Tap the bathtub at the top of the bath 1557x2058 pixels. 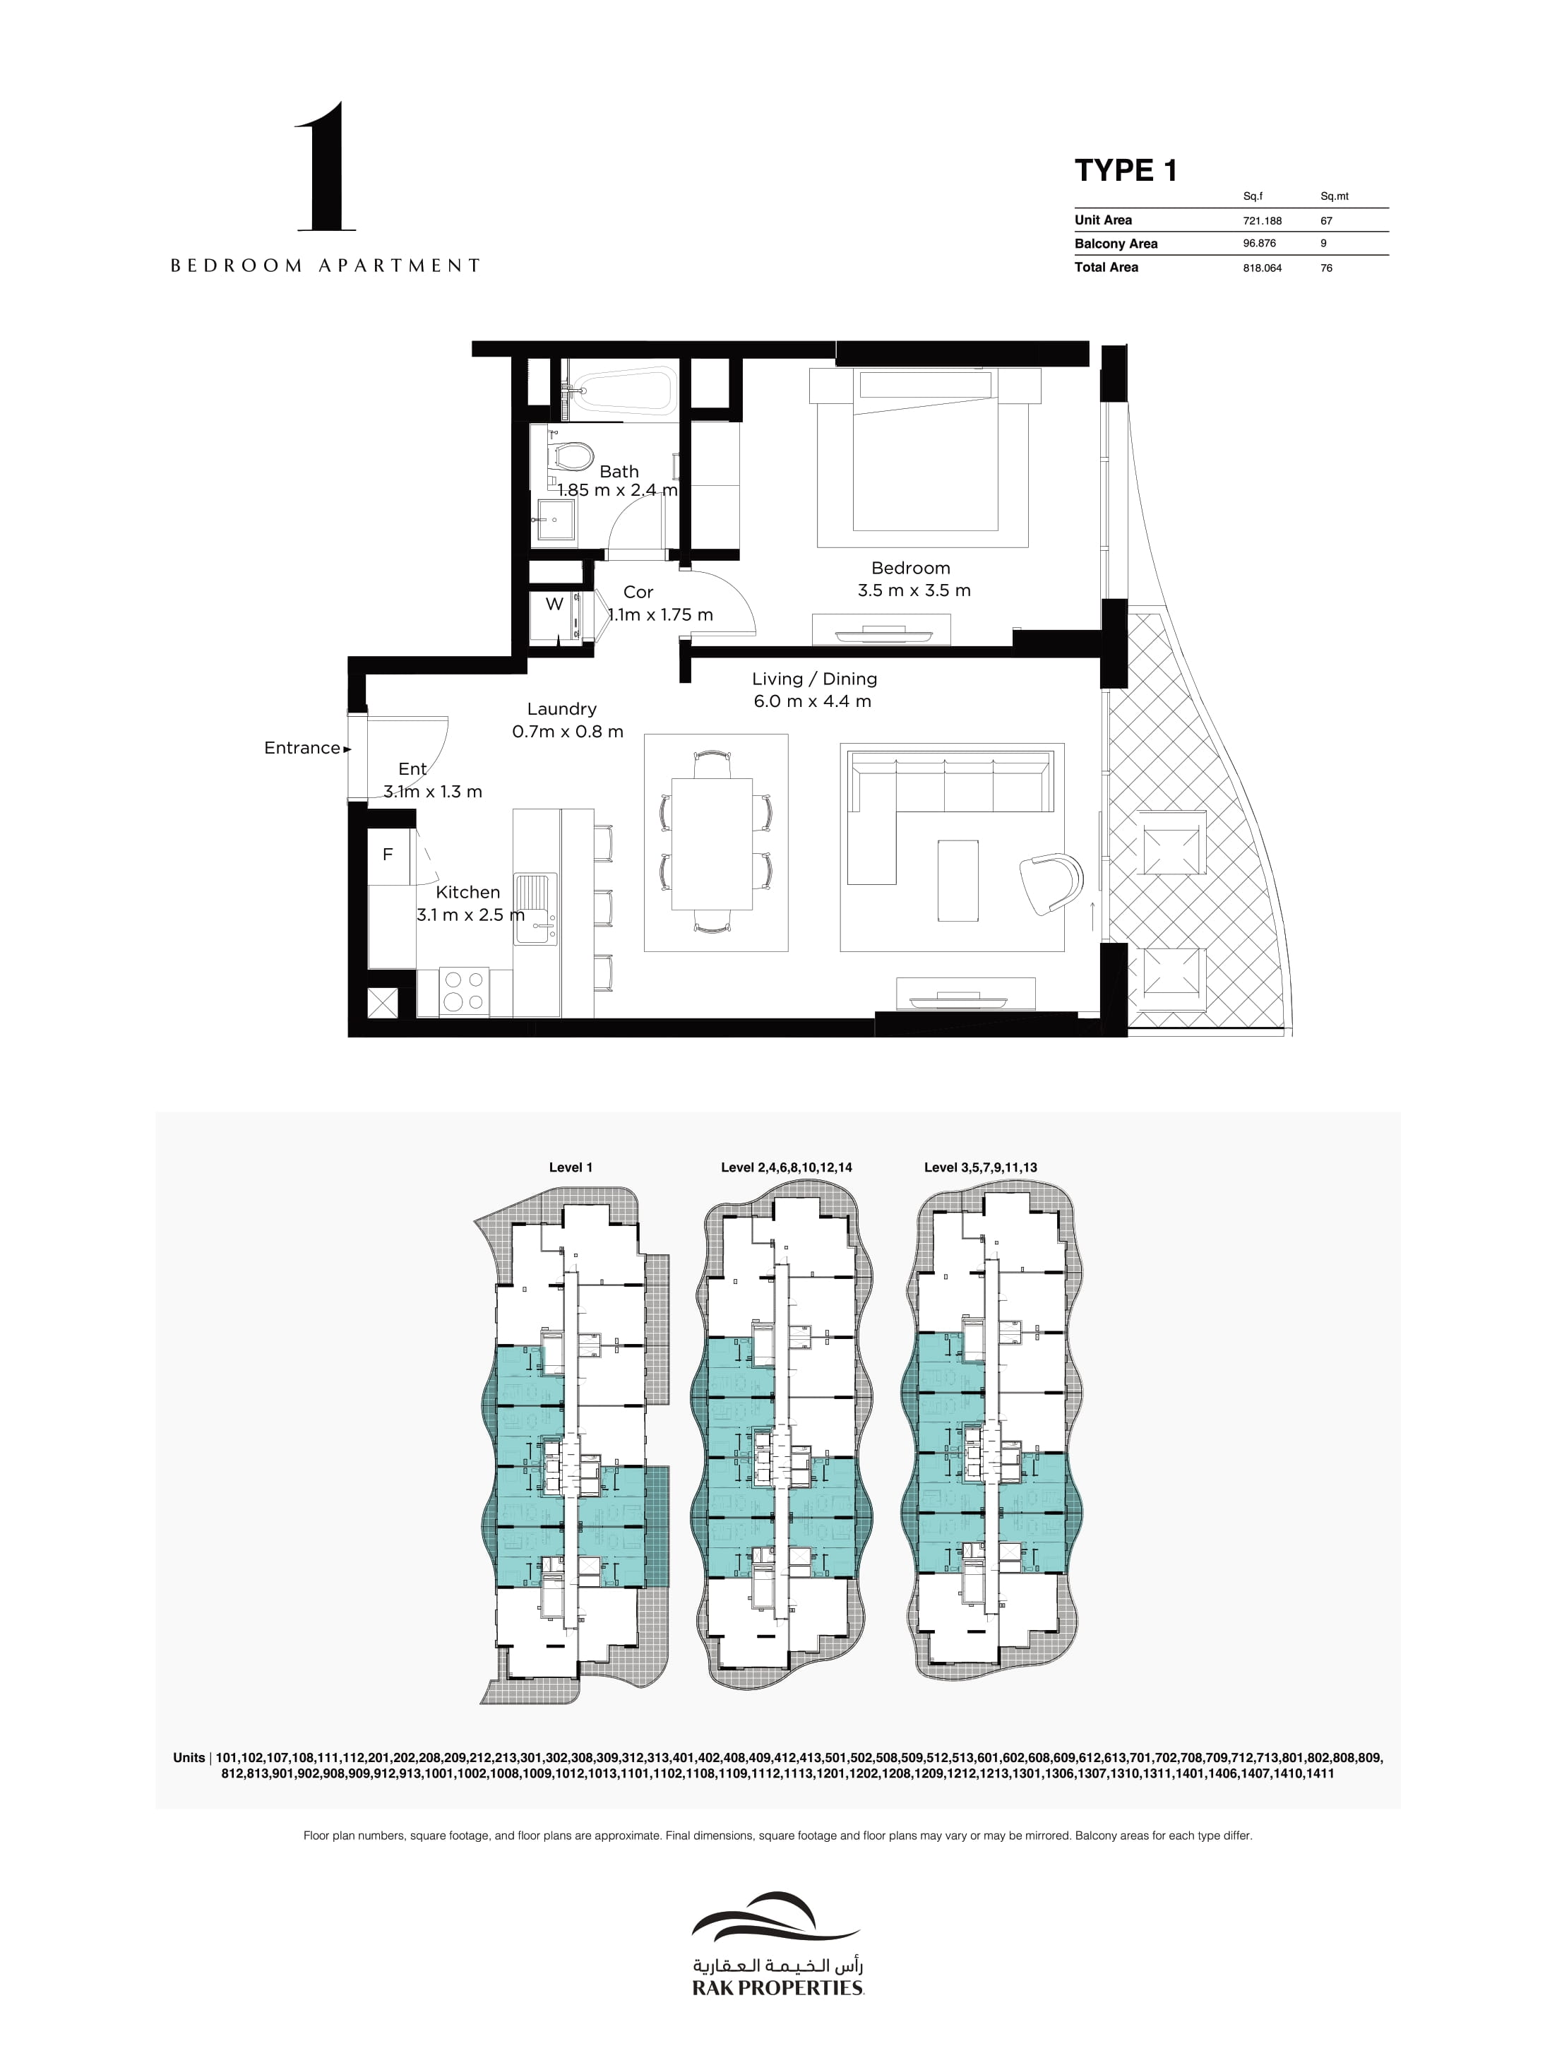click(621, 390)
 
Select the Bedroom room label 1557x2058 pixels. click(911, 568)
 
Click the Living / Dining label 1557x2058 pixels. click(814, 679)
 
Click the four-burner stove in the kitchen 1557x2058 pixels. click(464, 992)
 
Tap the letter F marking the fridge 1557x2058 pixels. click(388, 854)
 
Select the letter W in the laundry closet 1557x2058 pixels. click(554, 604)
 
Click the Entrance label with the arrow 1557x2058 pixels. click(307, 748)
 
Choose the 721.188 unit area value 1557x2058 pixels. click(1262, 220)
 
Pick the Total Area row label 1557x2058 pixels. click(1106, 267)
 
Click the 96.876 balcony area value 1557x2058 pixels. click(1259, 244)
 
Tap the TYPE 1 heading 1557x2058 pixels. click(1126, 170)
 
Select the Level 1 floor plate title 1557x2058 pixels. click(571, 1167)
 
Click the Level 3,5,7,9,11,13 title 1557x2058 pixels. click(980, 1167)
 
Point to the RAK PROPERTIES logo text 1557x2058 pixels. click(777, 1987)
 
